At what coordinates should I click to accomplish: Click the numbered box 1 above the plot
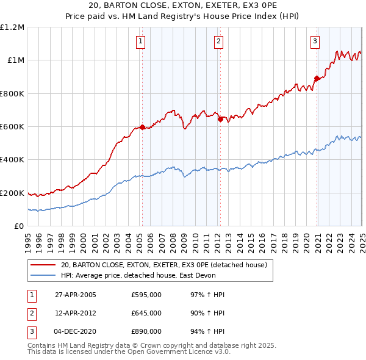(141, 41)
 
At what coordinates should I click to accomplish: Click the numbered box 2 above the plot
(218, 41)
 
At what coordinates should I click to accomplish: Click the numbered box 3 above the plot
(315, 41)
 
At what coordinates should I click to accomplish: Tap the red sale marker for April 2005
(142, 127)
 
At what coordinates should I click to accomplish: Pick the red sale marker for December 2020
(317, 78)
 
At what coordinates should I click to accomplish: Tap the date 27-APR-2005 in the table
(75, 295)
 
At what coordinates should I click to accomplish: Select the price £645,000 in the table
(146, 313)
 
